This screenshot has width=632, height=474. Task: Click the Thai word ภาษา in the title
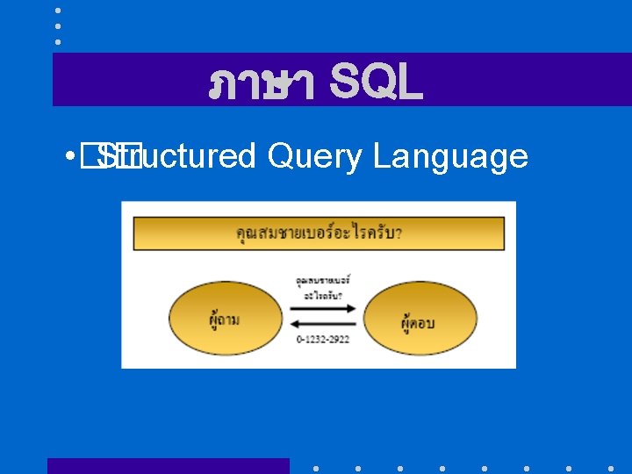261,85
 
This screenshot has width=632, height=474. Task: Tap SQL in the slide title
376,84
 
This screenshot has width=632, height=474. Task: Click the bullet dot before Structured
68,157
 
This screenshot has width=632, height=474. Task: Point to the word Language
450,158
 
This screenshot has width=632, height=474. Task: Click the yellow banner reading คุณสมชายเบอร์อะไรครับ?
319,233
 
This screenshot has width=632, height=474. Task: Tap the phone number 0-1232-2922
322,339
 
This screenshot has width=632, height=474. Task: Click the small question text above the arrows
322,287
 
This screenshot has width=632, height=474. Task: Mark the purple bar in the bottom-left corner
168,465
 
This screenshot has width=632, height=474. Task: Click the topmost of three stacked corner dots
57,11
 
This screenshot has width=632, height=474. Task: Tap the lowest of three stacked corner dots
57,41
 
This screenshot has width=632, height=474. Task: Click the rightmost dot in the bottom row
611,468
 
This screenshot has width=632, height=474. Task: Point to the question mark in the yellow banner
399,233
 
